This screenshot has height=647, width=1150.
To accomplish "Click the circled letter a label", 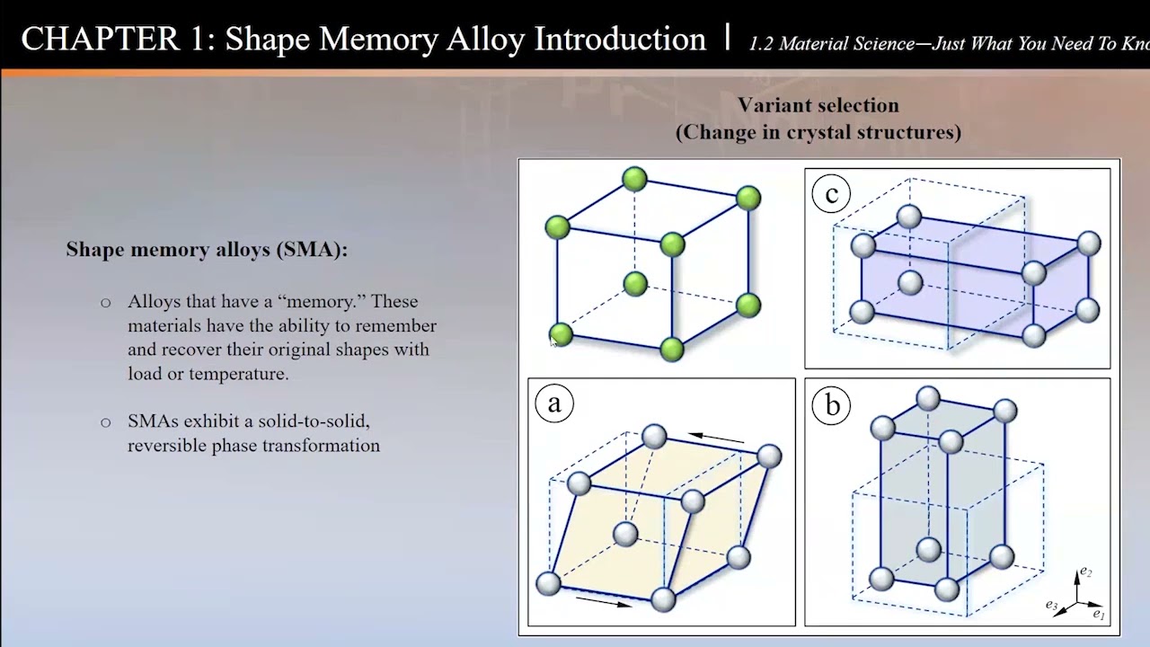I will pos(553,403).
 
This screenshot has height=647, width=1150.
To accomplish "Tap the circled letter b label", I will pos(832,406).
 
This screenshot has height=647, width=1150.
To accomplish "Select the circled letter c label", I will pos(831,194).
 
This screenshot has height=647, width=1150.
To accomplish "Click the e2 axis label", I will pos(1085,572).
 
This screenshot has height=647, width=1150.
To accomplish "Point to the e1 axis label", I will pos(1099,615).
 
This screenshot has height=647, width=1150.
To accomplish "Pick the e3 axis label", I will pos(1051,605).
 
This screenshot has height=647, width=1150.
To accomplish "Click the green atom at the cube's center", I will pos(635,284).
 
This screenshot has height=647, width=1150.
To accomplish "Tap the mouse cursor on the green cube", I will pos(553,340).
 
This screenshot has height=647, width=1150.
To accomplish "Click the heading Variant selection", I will pos(818,105).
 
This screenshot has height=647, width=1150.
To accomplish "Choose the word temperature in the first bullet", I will pos(238,374).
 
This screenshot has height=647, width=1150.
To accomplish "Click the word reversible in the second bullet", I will pos(166,445).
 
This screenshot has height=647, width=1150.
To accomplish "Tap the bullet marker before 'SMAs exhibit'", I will pos(106,422).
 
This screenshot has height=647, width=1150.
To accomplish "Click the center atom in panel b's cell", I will pos(928,547).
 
